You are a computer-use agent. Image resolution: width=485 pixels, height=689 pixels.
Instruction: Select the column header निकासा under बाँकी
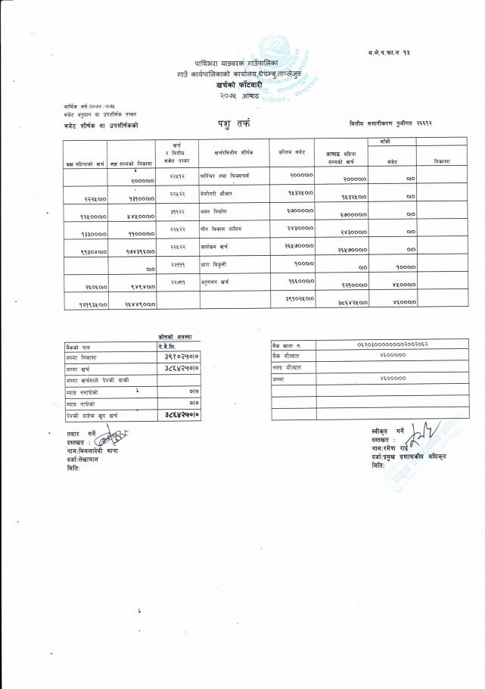coord(443,161)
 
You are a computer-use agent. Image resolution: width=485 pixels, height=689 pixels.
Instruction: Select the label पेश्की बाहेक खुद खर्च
coord(92,415)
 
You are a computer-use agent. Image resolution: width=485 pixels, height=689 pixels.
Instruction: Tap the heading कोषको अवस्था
coord(176,335)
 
